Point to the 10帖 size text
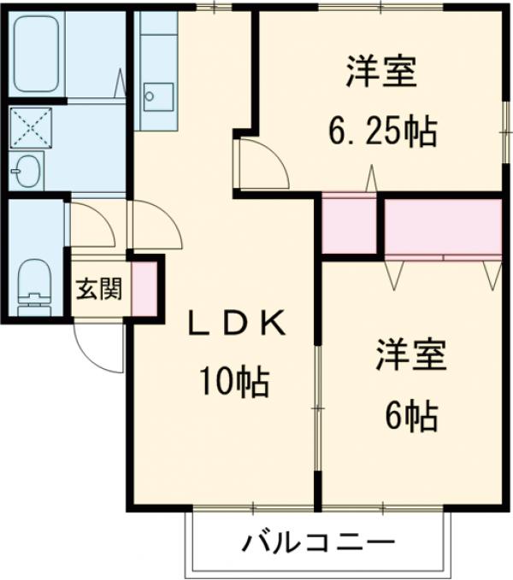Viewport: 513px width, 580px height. pyautogui.click(x=234, y=381)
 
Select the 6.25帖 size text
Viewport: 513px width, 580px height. pyautogui.click(x=381, y=132)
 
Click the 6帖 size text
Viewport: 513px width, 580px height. pyautogui.click(x=411, y=416)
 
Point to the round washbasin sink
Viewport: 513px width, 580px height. pyautogui.click(x=27, y=171)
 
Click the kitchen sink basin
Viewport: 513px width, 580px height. pyautogui.click(x=156, y=95)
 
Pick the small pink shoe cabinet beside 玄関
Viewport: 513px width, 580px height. pyautogui.click(x=144, y=287)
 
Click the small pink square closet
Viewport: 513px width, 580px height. pyautogui.click(x=349, y=225)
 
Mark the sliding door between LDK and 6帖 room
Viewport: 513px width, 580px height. pyautogui.click(x=317, y=410)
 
